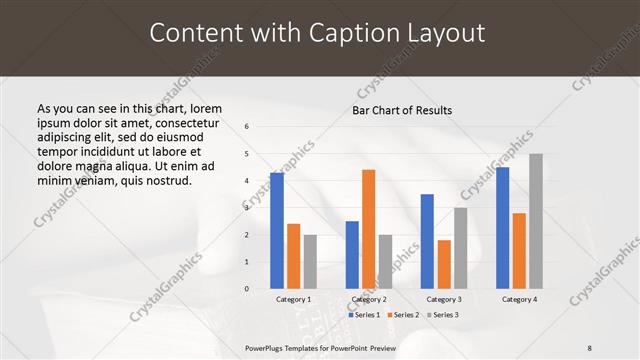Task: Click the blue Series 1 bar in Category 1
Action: tap(277, 231)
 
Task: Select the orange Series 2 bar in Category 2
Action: tap(368, 229)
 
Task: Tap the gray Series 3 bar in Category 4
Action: tap(536, 221)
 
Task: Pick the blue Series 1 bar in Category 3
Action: tap(427, 241)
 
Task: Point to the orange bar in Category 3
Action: tap(444, 264)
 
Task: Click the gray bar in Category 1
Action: tap(310, 262)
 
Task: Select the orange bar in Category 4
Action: tap(519, 251)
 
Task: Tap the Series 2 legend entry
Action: tap(402, 315)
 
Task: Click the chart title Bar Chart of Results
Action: tap(402, 110)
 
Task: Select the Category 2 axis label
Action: tap(369, 299)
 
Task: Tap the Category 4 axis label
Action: tap(519, 299)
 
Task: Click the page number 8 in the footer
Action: tap(590, 347)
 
